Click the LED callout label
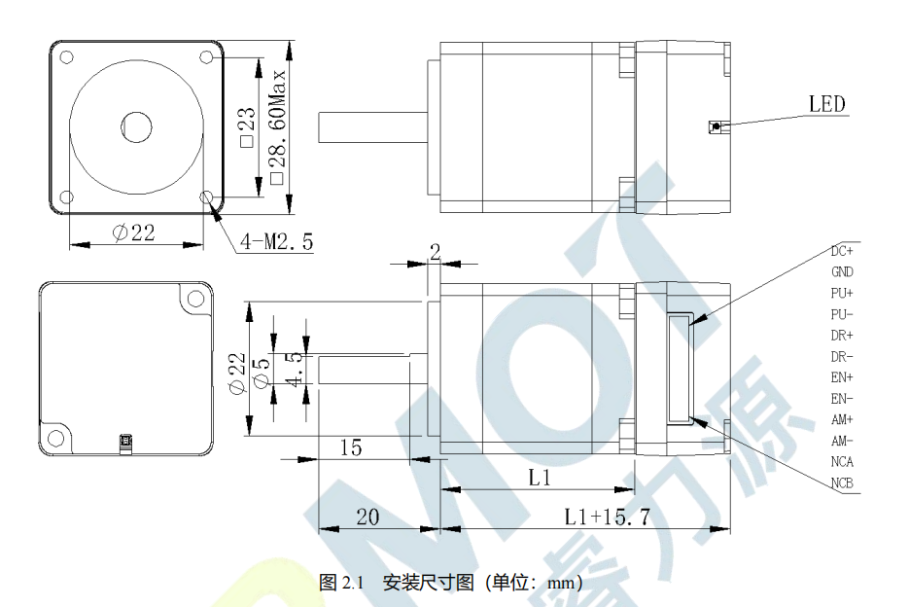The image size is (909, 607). [x=826, y=104]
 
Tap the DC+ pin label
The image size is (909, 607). [x=842, y=251]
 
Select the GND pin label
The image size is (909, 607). [x=842, y=272]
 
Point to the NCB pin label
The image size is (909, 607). [x=842, y=483]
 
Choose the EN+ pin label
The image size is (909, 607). [x=842, y=377]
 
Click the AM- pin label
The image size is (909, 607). [x=842, y=441]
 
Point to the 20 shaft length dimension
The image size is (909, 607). [x=367, y=518]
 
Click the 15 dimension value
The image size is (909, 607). [x=350, y=447]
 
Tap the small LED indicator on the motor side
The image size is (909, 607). [x=715, y=125]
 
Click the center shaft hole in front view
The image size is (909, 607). [x=136, y=125]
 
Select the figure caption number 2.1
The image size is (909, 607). [x=351, y=584]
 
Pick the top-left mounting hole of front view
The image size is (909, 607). [x=66, y=56]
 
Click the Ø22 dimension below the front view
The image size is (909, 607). [x=134, y=233]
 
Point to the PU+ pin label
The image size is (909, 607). [x=842, y=293]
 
